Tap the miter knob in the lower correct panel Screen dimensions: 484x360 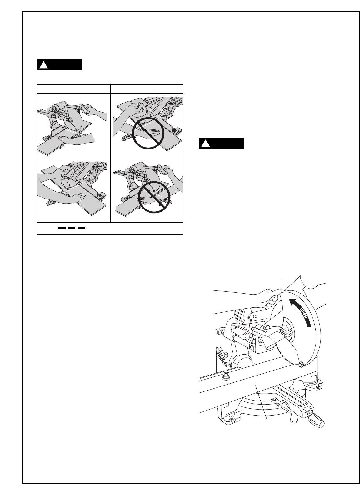click(x=50, y=204)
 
